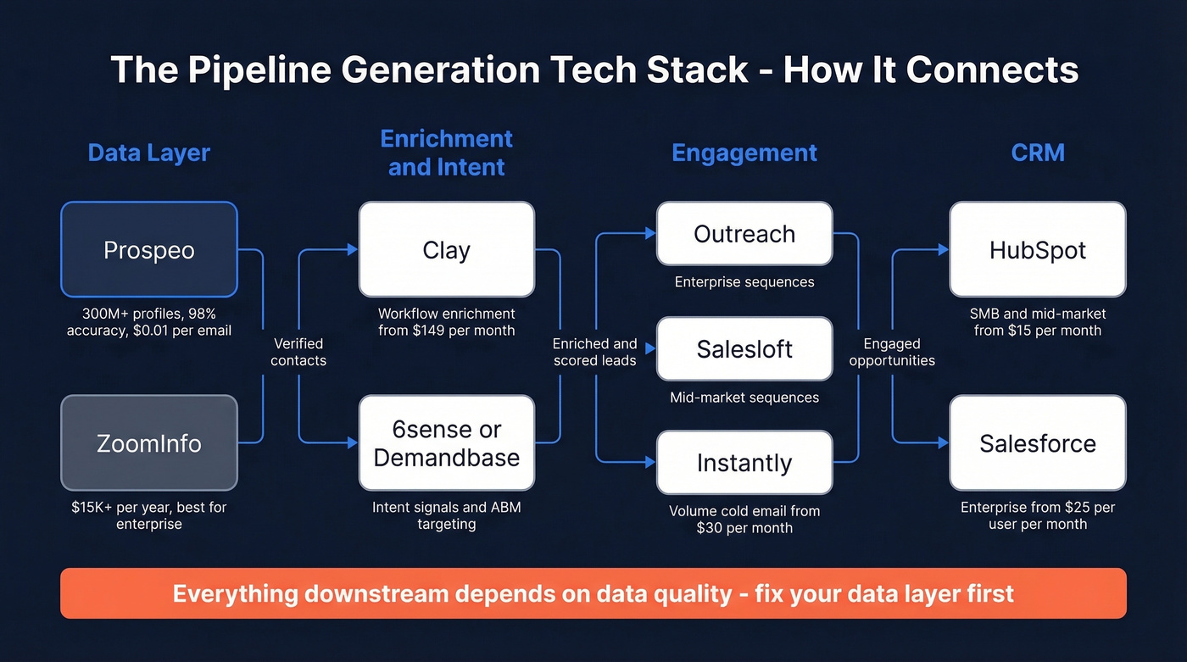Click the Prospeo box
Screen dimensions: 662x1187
(149, 250)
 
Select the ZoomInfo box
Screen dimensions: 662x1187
(149, 442)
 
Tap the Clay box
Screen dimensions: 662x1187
(446, 250)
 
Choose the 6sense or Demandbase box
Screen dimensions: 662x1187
(446, 442)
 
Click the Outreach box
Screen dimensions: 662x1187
(744, 234)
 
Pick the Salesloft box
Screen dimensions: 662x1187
(744, 348)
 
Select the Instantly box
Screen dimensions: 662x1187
(744, 463)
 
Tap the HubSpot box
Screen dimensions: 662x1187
(1037, 250)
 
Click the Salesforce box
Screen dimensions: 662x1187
(1037, 442)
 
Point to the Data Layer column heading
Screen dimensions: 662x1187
(149, 153)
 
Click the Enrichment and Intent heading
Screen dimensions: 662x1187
(446, 153)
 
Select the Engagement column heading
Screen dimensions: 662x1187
(744, 153)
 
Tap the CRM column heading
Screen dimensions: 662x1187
(1038, 153)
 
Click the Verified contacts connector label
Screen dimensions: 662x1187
(298, 352)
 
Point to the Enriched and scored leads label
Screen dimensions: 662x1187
(594, 352)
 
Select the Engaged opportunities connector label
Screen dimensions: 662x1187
(892, 352)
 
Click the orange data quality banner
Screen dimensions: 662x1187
(593, 593)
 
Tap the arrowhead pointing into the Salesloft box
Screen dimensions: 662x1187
(650, 348)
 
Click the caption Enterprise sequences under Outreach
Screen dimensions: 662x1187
(744, 282)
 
